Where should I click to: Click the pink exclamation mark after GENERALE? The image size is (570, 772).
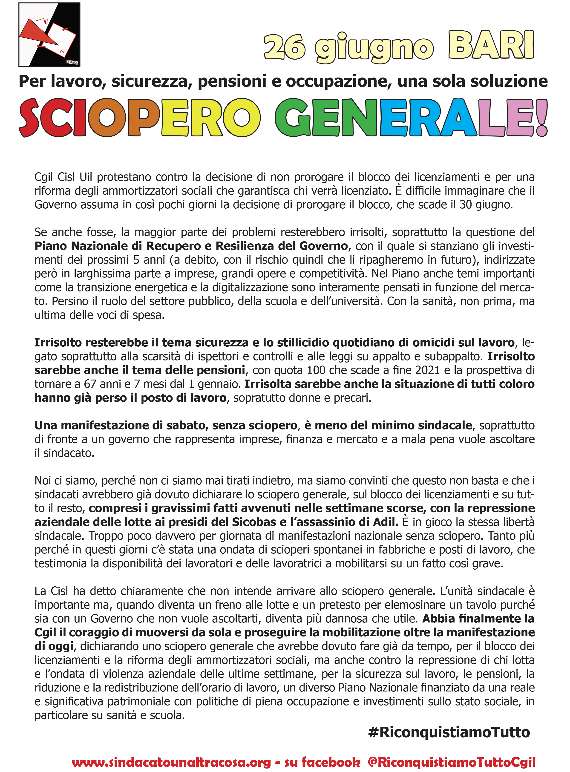click(x=542, y=117)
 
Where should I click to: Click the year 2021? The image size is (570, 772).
click(x=427, y=370)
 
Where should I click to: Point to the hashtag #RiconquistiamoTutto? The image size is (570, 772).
click(x=449, y=732)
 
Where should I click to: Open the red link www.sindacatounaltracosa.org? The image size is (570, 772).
click(x=172, y=761)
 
